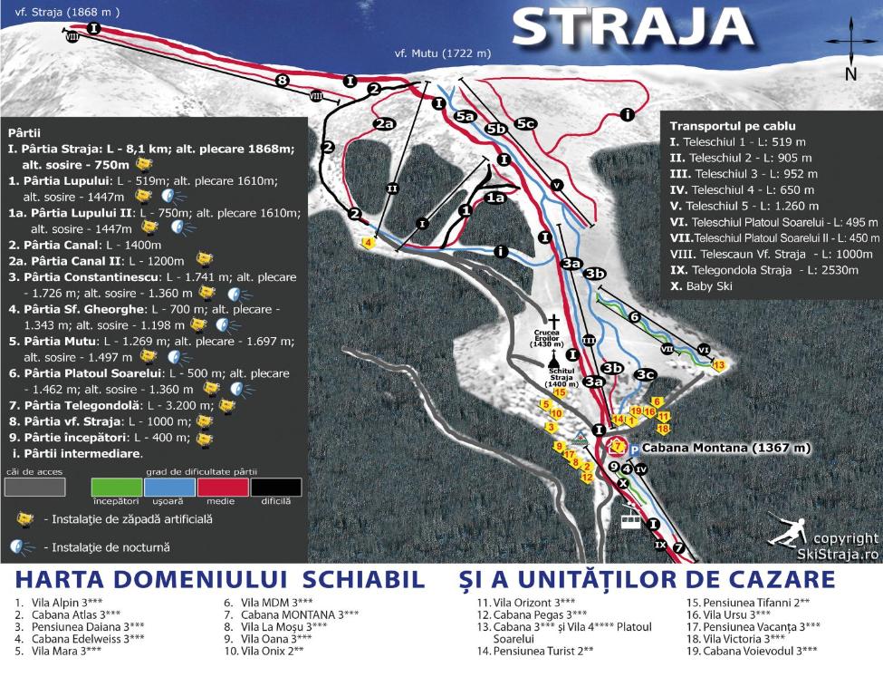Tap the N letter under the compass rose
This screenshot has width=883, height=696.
coord(850,74)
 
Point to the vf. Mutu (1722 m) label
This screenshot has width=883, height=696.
coord(443,53)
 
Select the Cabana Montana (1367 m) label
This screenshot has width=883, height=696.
coord(719,448)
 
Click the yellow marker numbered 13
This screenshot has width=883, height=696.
coord(720,364)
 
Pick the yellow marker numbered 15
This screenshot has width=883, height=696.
coord(560,392)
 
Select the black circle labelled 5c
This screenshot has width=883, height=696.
coord(525,122)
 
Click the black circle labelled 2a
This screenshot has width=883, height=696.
coord(385,123)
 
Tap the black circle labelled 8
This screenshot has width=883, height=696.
coord(282,80)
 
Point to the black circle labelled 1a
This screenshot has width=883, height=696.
coord(494,197)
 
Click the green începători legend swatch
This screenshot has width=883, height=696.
coord(117,487)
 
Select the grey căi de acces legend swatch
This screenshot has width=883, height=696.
coord(34,487)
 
